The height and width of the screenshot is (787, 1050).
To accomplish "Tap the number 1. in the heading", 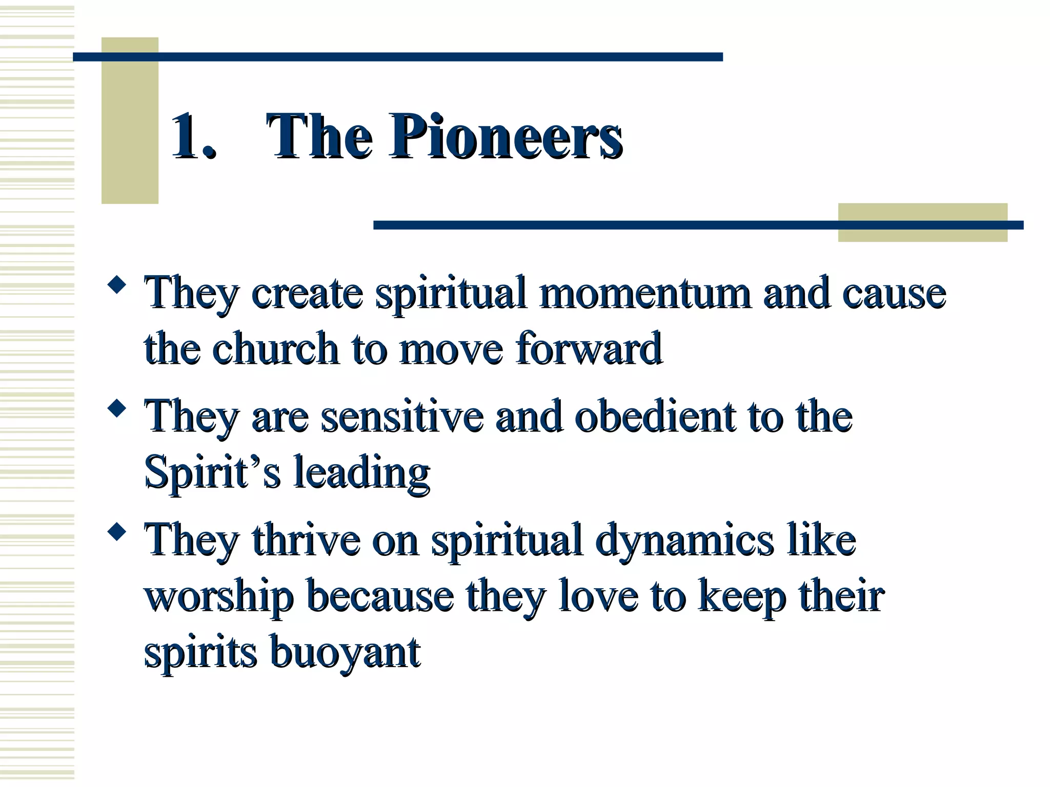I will pyautogui.click(x=194, y=137).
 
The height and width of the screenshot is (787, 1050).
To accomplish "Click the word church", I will pyautogui.click(x=275, y=348).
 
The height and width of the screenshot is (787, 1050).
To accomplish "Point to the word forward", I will pyautogui.click(x=589, y=348).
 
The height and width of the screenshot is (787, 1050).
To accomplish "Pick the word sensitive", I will pyautogui.click(x=402, y=416).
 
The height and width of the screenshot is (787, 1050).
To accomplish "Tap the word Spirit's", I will pyautogui.click(x=212, y=472).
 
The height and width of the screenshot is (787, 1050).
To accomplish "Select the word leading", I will pyautogui.click(x=361, y=472).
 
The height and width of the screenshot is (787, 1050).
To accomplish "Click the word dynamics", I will pyautogui.click(x=684, y=540).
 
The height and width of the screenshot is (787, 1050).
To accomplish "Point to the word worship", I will pyautogui.click(x=219, y=596).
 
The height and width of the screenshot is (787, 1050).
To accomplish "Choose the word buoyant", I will pyautogui.click(x=345, y=653).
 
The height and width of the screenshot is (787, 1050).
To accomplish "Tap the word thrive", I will pyautogui.click(x=306, y=540).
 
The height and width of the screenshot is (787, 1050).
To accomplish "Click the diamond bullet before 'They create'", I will pyautogui.click(x=117, y=285).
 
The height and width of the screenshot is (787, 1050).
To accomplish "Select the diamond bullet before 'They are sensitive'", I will pyautogui.click(x=117, y=408).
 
